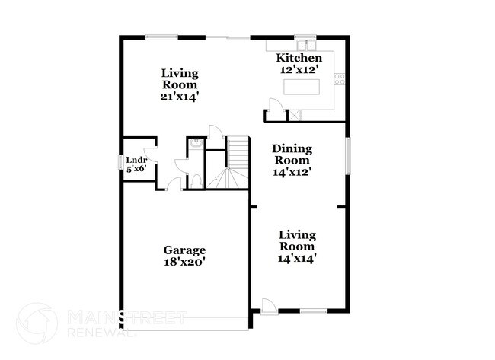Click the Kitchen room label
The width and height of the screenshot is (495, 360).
click(299, 58)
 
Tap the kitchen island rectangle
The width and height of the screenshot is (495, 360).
click(302, 87)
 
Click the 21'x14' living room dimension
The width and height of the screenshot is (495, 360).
click(180, 97)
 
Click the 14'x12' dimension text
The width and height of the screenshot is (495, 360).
click(292, 172)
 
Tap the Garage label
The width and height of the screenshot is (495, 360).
click(184, 250)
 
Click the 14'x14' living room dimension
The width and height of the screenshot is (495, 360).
click(296, 258)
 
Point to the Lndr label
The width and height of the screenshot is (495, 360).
click(137, 161)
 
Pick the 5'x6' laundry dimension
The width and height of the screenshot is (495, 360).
click(137, 169)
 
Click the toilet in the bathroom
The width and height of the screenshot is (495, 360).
click(195, 180)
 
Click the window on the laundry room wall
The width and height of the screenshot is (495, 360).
click(120, 164)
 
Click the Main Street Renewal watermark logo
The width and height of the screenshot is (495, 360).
click(37, 322)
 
